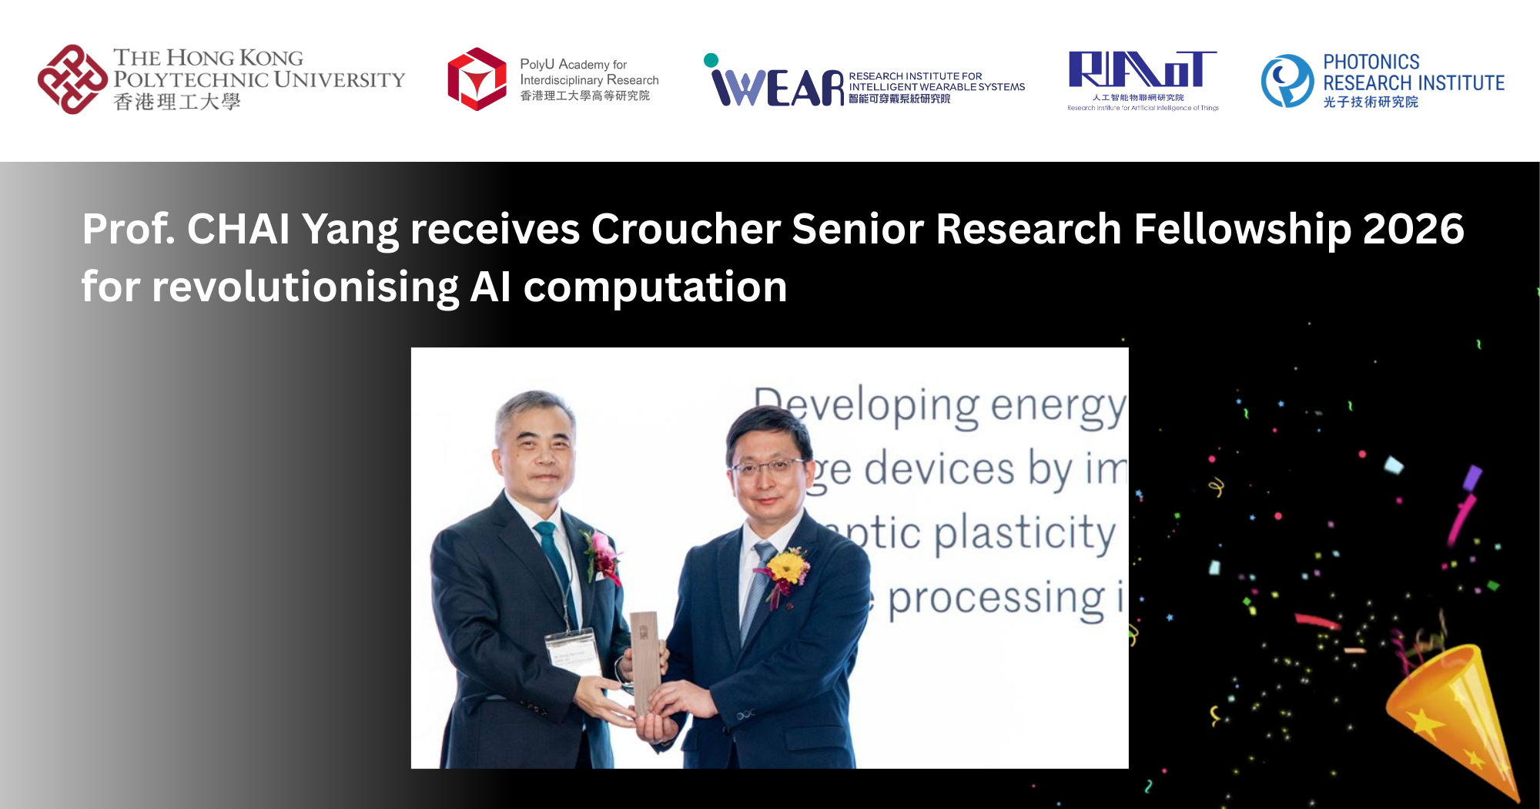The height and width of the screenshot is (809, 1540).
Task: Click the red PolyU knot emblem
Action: coord(72,79)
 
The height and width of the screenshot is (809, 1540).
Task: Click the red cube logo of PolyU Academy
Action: coord(477,79)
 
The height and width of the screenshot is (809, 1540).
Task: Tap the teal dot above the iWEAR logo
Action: coord(711,60)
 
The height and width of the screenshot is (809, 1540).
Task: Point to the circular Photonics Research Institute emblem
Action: coord(1287,80)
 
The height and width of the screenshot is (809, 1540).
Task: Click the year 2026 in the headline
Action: coord(1413,229)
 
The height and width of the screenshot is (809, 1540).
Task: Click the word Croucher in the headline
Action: coord(685,229)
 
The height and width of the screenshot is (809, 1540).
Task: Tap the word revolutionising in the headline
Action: coord(305,287)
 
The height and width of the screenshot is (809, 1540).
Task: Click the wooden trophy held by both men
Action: coord(645,663)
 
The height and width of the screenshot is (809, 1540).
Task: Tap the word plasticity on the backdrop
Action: coord(1024,533)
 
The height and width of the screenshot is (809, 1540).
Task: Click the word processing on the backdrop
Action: coord(998,599)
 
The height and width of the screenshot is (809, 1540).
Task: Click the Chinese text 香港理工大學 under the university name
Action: coord(177,102)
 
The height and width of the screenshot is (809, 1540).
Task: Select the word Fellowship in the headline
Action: coord(1242,229)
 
